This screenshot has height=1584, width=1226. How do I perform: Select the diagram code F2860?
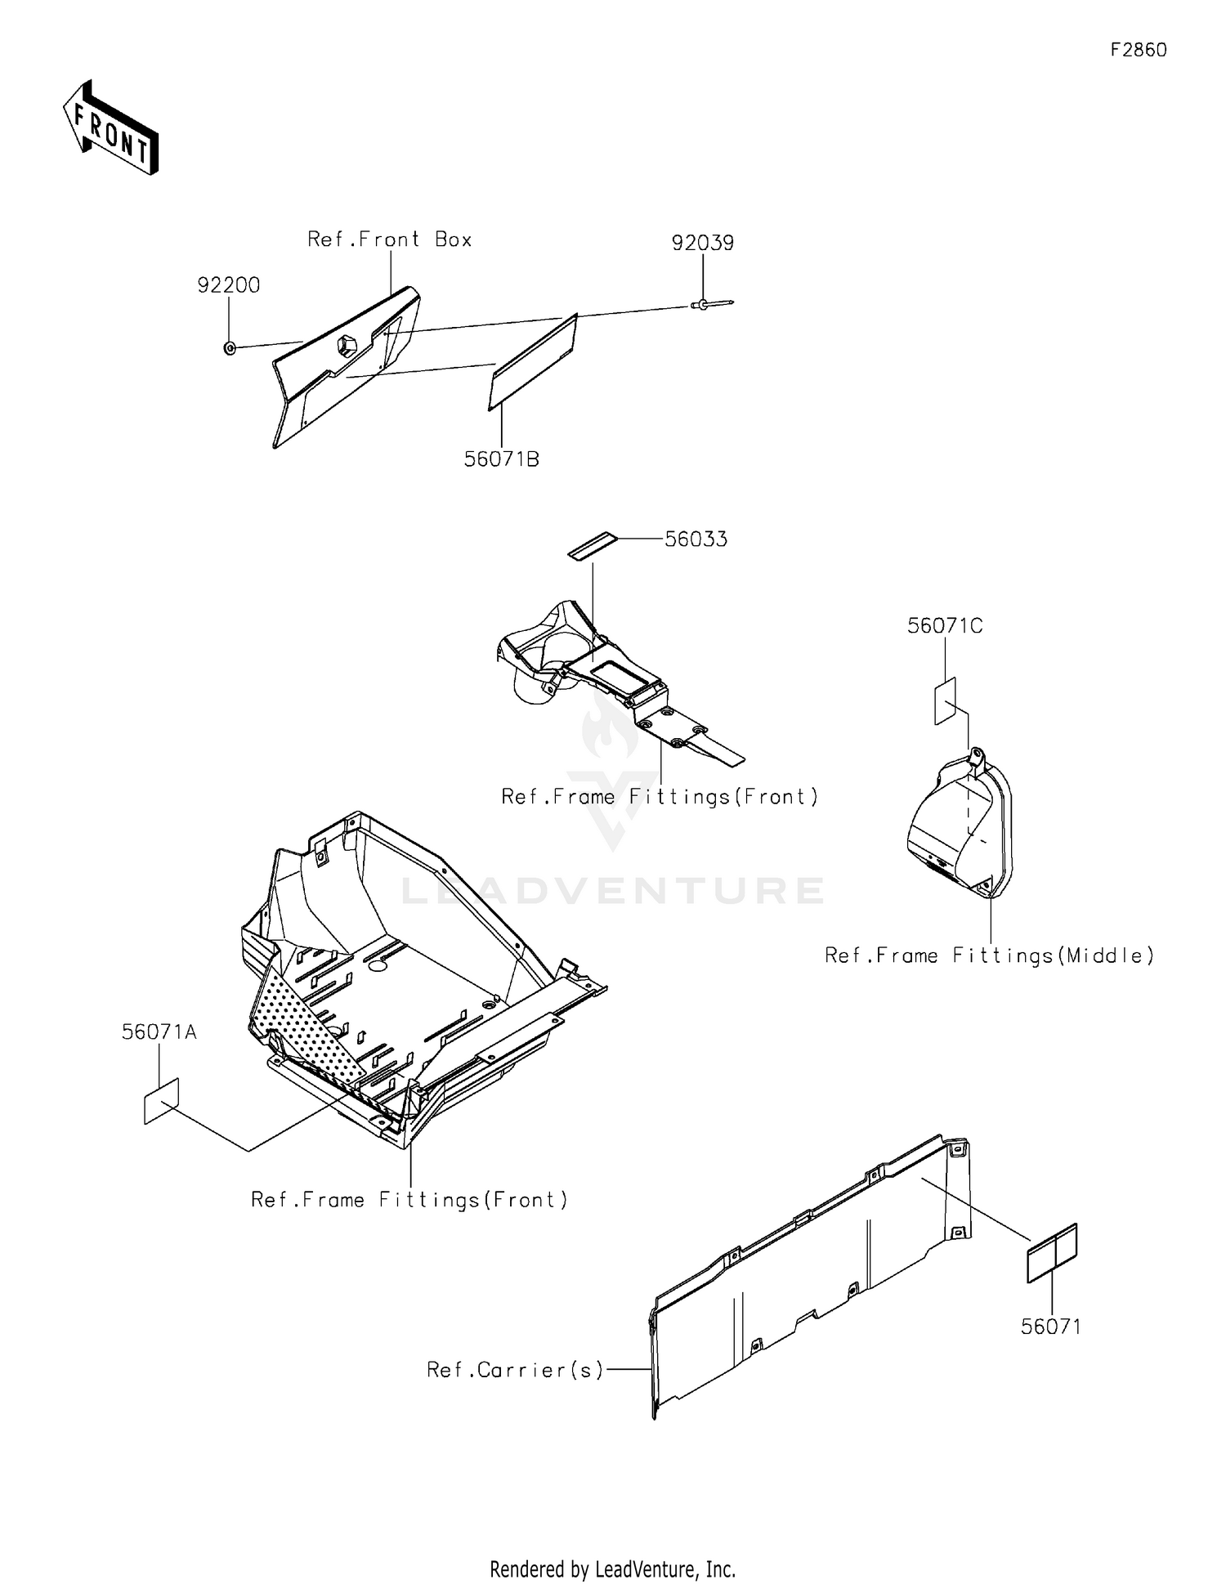[x=1138, y=50]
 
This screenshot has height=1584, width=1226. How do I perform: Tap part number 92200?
[x=229, y=285]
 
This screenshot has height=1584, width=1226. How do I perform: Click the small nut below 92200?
[x=230, y=349]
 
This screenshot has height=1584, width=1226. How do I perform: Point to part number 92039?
[x=703, y=243]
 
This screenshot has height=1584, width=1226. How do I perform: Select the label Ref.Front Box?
[x=390, y=239]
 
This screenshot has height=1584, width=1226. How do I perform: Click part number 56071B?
[x=502, y=459]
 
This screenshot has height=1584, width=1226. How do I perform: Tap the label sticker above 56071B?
[x=534, y=362]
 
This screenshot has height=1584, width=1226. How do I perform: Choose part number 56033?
[x=696, y=539]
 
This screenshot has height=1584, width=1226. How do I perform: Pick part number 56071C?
[x=945, y=626]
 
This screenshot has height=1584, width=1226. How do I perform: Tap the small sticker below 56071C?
[x=946, y=701]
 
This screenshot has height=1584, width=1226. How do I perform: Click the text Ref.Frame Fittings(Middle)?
[x=990, y=955]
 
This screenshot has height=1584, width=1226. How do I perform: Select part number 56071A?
[x=159, y=1032]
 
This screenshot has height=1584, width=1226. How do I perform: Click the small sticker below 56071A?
[x=161, y=1102]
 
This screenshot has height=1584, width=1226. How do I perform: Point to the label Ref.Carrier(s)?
[x=515, y=1370]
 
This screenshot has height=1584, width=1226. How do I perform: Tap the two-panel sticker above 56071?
[x=1052, y=1253]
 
